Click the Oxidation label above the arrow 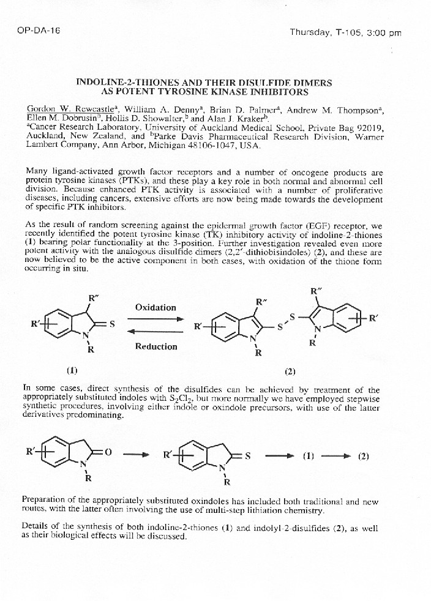point(156,307)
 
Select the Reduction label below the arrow point(156,346)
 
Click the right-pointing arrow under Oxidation point(156,319)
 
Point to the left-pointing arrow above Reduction point(156,332)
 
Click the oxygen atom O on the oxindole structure point(108,452)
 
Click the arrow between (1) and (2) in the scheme point(337,456)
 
